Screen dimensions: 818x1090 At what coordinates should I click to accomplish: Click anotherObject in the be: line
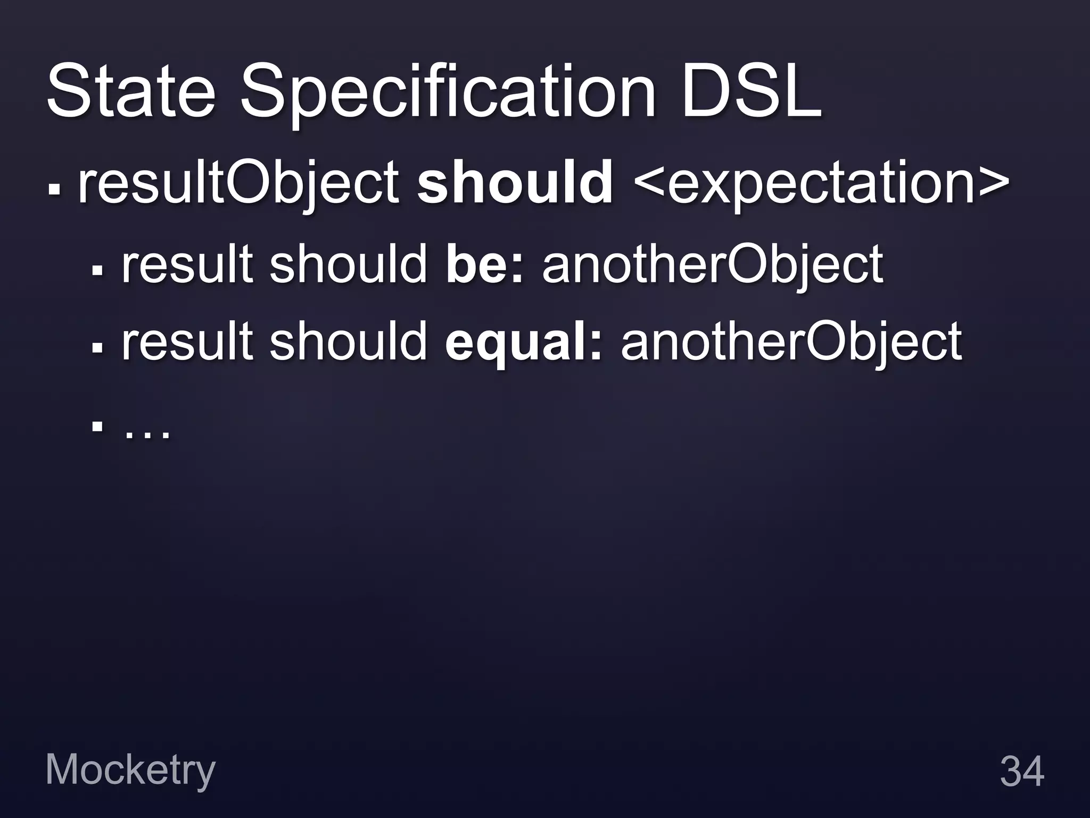tap(713, 264)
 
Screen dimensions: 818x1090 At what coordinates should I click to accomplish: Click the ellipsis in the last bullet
tap(147, 429)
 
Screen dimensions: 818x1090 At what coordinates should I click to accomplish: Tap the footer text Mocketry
tap(130, 771)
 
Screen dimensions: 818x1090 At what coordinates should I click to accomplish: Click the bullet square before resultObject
tap(54, 190)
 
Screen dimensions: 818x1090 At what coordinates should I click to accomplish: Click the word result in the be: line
tap(187, 264)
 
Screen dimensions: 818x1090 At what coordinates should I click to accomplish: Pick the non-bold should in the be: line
tap(349, 264)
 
